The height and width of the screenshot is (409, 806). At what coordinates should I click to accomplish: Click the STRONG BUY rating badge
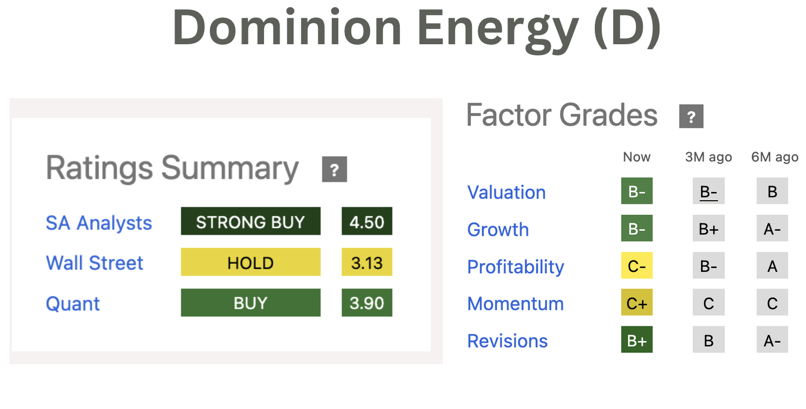[251, 221]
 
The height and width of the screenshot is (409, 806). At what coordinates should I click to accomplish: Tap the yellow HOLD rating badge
[251, 262]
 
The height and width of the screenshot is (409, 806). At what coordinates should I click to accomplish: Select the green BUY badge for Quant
[251, 303]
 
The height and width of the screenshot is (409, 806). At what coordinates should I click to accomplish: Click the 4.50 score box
[367, 221]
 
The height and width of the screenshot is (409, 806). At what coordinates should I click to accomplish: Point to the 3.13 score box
[367, 262]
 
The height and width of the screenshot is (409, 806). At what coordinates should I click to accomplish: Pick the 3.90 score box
[367, 303]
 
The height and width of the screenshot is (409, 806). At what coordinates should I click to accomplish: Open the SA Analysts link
[99, 223]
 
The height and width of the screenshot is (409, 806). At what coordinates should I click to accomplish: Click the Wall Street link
[95, 263]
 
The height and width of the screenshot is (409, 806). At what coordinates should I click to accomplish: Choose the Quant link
[73, 304]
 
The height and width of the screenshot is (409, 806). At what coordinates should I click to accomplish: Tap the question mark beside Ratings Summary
[335, 169]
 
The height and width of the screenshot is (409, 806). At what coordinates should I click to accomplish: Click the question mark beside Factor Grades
[692, 116]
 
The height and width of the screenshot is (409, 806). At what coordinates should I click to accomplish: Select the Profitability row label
[516, 267]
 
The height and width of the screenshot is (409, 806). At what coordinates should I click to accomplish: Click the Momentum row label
[516, 304]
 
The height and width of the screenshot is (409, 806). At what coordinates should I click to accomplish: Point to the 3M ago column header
[708, 157]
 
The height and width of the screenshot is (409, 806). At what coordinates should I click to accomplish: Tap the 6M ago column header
[775, 157]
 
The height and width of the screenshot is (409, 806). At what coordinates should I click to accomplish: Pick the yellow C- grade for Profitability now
[637, 265]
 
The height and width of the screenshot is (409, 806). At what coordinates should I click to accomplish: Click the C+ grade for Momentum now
[637, 303]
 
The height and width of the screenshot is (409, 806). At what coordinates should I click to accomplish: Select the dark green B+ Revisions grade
[637, 340]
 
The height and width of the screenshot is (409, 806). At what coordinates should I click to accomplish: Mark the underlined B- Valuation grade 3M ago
[708, 191]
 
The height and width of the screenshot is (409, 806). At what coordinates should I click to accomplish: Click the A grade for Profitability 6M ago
[773, 265]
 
